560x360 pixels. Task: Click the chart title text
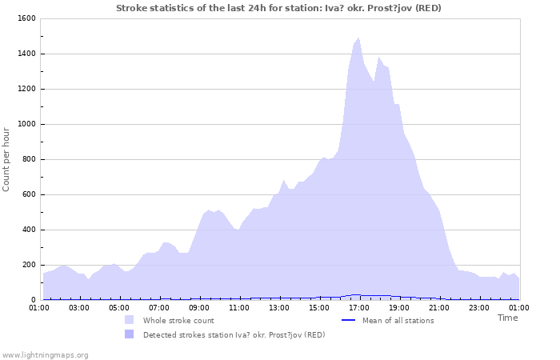click(x=278, y=8)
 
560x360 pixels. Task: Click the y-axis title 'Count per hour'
click(x=7, y=158)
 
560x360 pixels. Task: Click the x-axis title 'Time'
click(x=507, y=318)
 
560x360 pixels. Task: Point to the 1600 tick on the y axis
click(x=26, y=18)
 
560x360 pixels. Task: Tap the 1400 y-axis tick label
click(x=26, y=54)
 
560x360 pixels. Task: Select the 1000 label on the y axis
click(x=26, y=124)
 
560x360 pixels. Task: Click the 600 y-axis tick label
click(x=28, y=194)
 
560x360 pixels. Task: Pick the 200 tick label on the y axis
click(x=28, y=265)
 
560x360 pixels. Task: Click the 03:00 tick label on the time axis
click(x=79, y=306)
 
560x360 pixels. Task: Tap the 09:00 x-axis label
click(x=199, y=306)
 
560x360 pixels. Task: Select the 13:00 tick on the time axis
click(x=279, y=306)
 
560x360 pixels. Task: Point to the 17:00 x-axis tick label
click(x=359, y=306)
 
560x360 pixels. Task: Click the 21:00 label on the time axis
click(x=439, y=306)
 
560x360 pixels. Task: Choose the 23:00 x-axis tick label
click(x=479, y=306)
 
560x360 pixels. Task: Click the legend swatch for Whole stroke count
click(x=129, y=320)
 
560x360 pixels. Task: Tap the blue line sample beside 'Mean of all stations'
click(x=348, y=320)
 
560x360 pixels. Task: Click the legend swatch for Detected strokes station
click(x=129, y=334)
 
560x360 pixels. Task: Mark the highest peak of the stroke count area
click(x=358, y=38)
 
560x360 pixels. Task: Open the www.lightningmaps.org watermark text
click(x=45, y=354)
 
